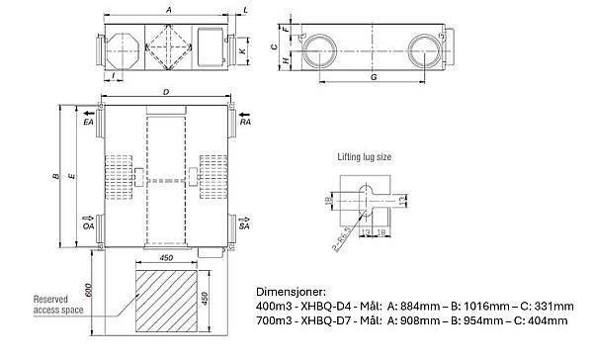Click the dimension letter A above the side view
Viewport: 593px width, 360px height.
pyautogui.click(x=171, y=8)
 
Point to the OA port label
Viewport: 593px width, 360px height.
pyautogui.click(x=88, y=226)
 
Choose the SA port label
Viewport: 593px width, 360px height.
pyautogui.click(x=246, y=226)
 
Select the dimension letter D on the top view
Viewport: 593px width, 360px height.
pyautogui.click(x=166, y=93)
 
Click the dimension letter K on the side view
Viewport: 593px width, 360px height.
pyautogui.click(x=242, y=48)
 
